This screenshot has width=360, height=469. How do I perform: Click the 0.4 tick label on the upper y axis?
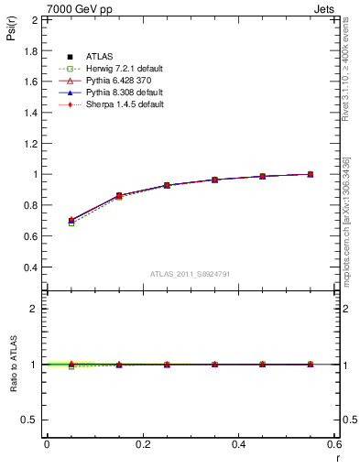coord(29,267)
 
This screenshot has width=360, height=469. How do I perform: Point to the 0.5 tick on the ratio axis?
coord(29,420)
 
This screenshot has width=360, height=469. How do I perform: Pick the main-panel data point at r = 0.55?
coord(311,174)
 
